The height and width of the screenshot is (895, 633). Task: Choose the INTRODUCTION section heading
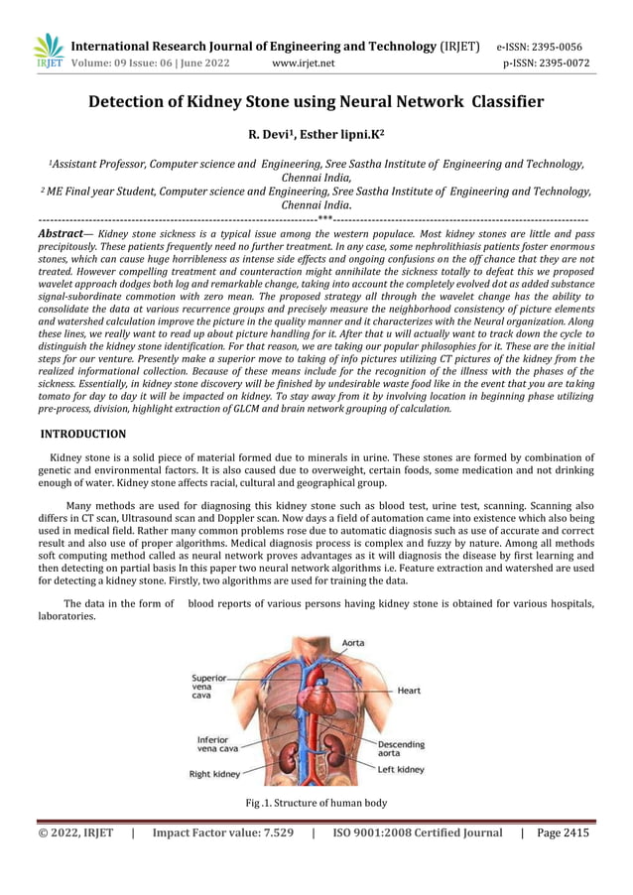[82, 434]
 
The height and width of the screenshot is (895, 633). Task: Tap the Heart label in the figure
[409, 690]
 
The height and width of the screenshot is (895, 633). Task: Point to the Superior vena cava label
[209, 687]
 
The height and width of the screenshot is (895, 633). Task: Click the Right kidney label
[214, 774]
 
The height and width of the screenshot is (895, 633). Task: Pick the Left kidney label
[401, 770]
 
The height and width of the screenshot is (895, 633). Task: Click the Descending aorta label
[401, 749]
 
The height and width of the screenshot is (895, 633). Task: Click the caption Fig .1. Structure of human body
[316, 802]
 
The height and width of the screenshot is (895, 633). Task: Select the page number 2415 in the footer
[571, 833]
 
